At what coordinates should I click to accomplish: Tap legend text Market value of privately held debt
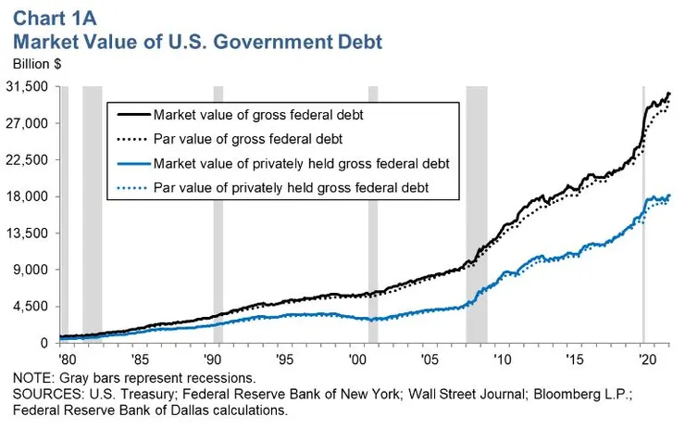point(301,164)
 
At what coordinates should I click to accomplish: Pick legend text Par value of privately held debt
point(291,188)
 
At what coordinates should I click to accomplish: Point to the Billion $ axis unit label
point(38,64)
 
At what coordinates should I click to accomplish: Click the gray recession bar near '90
point(218,213)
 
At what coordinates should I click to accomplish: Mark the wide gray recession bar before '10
point(476,213)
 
